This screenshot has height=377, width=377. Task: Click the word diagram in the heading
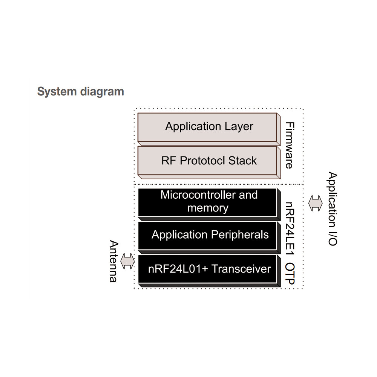102,92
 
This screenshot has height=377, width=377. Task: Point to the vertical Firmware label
289,145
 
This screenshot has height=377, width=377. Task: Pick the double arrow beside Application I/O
316,203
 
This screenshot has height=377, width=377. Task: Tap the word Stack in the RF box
242,161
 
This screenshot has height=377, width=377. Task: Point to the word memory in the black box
208,208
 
